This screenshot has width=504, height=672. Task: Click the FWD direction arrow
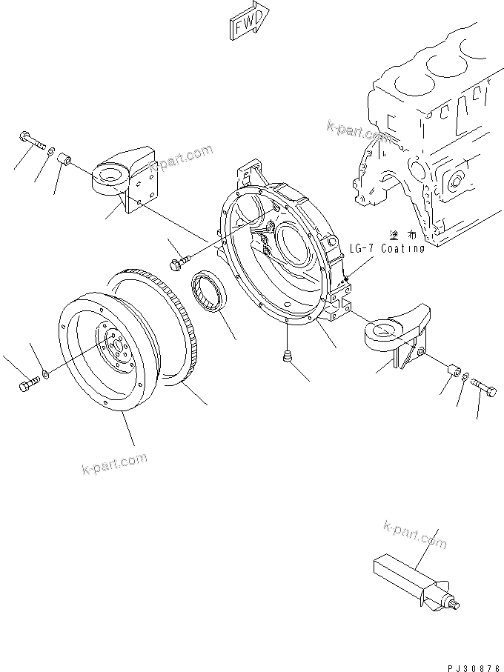tap(245, 24)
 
